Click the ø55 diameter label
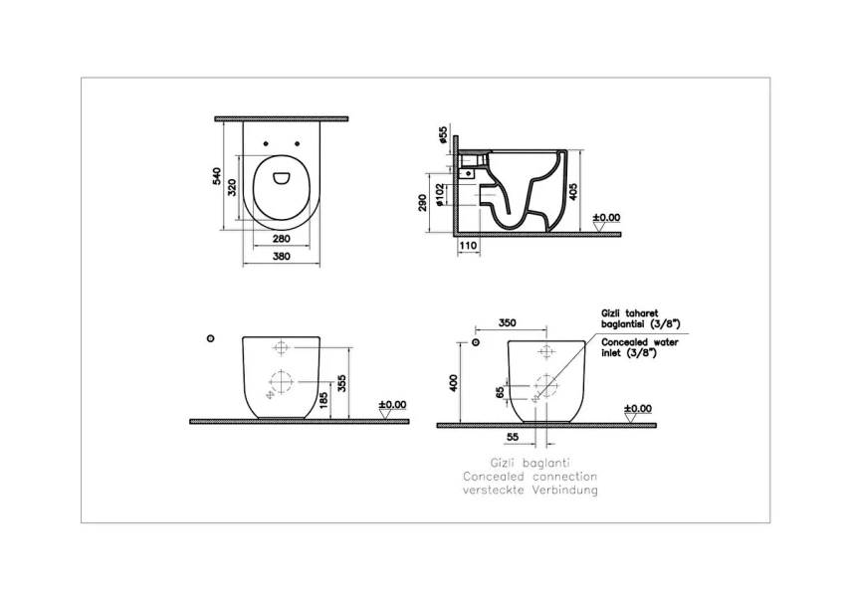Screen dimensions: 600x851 (x=440, y=134)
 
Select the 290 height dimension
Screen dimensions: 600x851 (x=423, y=203)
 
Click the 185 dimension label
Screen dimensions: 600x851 (x=324, y=400)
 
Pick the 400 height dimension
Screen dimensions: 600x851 (x=454, y=383)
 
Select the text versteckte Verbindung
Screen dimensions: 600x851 (x=530, y=492)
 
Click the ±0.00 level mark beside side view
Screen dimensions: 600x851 (x=606, y=217)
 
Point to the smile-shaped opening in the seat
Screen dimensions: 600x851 (x=280, y=179)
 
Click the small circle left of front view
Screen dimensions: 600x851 (x=209, y=338)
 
